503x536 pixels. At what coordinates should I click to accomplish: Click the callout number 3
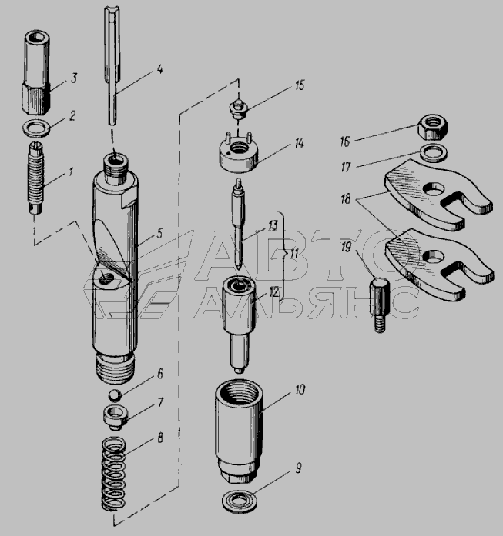(x=74, y=78)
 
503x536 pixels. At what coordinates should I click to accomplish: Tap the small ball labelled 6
(x=115, y=395)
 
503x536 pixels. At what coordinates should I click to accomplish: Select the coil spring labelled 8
(x=114, y=473)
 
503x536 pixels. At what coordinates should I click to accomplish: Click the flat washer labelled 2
(x=36, y=128)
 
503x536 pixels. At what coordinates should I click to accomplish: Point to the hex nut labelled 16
(x=433, y=127)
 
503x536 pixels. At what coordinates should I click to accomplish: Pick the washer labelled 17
(x=433, y=153)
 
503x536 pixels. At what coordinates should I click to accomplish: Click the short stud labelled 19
(x=379, y=305)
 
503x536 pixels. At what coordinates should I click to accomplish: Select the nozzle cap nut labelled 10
(x=239, y=432)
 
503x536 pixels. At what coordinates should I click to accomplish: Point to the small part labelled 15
(x=238, y=108)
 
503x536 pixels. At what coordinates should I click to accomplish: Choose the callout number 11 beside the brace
(x=293, y=255)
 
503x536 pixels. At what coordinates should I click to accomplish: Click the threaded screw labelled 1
(x=35, y=178)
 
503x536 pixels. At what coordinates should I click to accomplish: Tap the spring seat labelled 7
(x=116, y=417)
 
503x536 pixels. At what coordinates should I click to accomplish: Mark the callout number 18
(x=346, y=198)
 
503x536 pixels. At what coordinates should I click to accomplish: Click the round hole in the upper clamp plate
(x=434, y=188)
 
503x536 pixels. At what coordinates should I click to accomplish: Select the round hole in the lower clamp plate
(x=434, y=256)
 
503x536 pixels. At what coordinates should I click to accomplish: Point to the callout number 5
(x=159, y=234)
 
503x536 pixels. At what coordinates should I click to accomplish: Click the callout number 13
(x=273, y=226)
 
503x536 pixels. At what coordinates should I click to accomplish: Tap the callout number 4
(x=159, y=69)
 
